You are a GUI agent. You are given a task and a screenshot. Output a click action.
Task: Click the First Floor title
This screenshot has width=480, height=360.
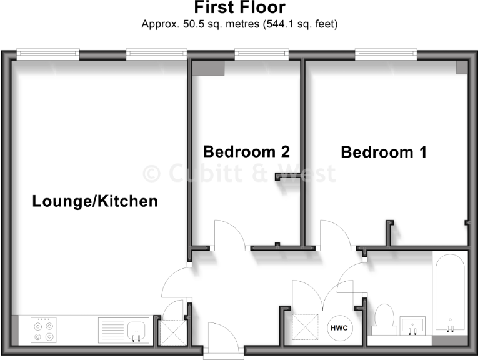point(240,8)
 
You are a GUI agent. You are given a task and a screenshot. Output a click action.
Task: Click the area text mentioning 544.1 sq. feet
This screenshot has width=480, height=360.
point(240,25)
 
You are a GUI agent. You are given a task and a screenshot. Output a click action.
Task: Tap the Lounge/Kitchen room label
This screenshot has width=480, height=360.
point(95,202)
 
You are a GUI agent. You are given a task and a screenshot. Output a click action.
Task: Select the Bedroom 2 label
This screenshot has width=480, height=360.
point(247,151)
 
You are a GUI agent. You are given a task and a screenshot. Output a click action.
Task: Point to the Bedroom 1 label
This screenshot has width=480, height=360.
point(384,152)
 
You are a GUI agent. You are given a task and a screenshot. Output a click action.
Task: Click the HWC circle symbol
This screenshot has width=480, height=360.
point(339,328)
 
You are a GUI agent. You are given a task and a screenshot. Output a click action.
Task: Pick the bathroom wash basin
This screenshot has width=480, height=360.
point(412,325)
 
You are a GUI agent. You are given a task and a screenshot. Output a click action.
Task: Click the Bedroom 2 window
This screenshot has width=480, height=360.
point(261,55)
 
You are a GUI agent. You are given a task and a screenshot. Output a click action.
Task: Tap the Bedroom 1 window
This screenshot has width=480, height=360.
point(386,55)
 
